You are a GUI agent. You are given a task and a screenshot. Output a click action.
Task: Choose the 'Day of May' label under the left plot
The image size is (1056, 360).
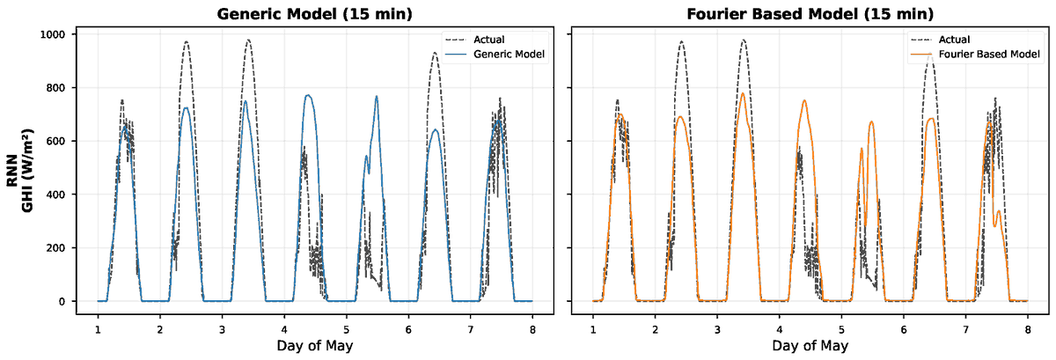(x=315, y=346)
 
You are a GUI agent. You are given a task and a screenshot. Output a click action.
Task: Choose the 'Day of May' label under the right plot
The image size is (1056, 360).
(x=810, y=346)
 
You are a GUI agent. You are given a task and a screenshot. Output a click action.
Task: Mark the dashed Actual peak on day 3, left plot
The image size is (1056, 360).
(x=248, y=40)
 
